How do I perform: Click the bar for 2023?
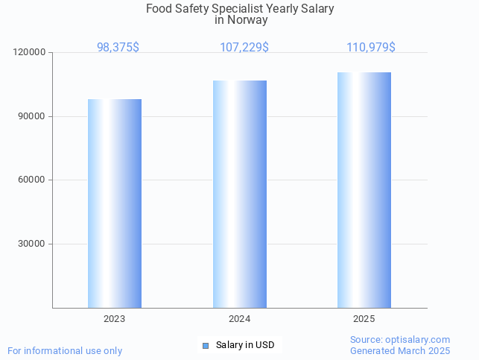click(x=115, y=203)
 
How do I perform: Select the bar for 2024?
click(x=240, y=194)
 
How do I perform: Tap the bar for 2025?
click(x=364, y=189)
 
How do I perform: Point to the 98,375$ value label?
click(x=118, y=47)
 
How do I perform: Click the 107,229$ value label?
click(x=244, y=47)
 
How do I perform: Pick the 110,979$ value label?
click(x=371, y=47)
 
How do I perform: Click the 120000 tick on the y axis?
click(x=30, y=53)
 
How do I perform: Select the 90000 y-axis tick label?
click(x=32, y=116)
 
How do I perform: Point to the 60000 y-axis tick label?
click(x=32, y=180)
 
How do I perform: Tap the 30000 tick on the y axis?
click(x=32, y=244)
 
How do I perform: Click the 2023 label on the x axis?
click(x=114, y=318)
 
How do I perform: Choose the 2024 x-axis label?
click(x=239, y=318)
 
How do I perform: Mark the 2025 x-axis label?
click(x=364, y=318)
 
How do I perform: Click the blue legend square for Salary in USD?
click(x=206, y=345)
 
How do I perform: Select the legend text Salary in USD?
click(x=245, y=344)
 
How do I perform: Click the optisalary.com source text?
click(x=400, y=339)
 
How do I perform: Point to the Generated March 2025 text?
click(x=400, y=350)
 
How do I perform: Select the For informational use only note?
click(x=65, y=350)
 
